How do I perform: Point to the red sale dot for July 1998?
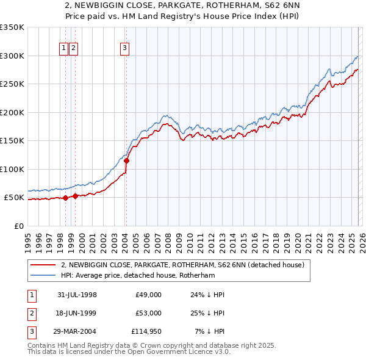pos(65,198)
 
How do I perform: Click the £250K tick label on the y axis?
pos(12,84)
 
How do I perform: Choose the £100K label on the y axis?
pos(12,169)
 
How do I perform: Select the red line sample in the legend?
pos(43,265)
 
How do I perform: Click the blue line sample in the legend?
pos(43,275)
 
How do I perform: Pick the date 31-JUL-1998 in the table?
pos(77,295)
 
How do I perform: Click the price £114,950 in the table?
pos(146,331)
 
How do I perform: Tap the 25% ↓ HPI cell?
pos(209,313)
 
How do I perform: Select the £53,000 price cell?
pos(149,313)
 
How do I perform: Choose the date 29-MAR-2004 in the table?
pos(77,331)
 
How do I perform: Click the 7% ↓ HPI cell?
pos(210,331)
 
